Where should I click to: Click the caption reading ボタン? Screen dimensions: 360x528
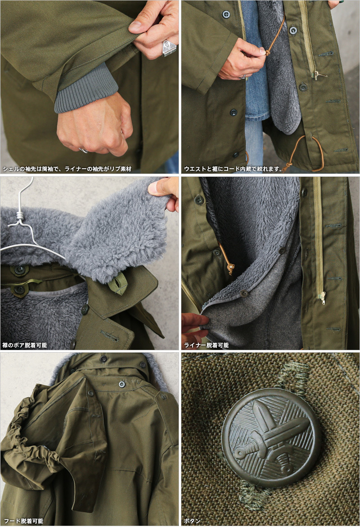192,521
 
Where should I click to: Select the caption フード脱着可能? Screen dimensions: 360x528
23,521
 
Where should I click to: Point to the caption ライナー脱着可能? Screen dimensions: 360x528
206,345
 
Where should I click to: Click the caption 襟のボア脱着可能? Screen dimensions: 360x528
25,345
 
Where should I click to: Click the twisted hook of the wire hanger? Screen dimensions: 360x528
19,215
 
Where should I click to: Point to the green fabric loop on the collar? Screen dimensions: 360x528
118,283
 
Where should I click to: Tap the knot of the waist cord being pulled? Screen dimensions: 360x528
267,53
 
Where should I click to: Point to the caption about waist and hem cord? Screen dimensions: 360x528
233,169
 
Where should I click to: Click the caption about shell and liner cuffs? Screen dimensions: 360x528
67,169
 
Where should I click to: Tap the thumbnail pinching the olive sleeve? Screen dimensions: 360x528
135,25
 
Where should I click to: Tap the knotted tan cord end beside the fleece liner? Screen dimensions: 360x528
231,268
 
